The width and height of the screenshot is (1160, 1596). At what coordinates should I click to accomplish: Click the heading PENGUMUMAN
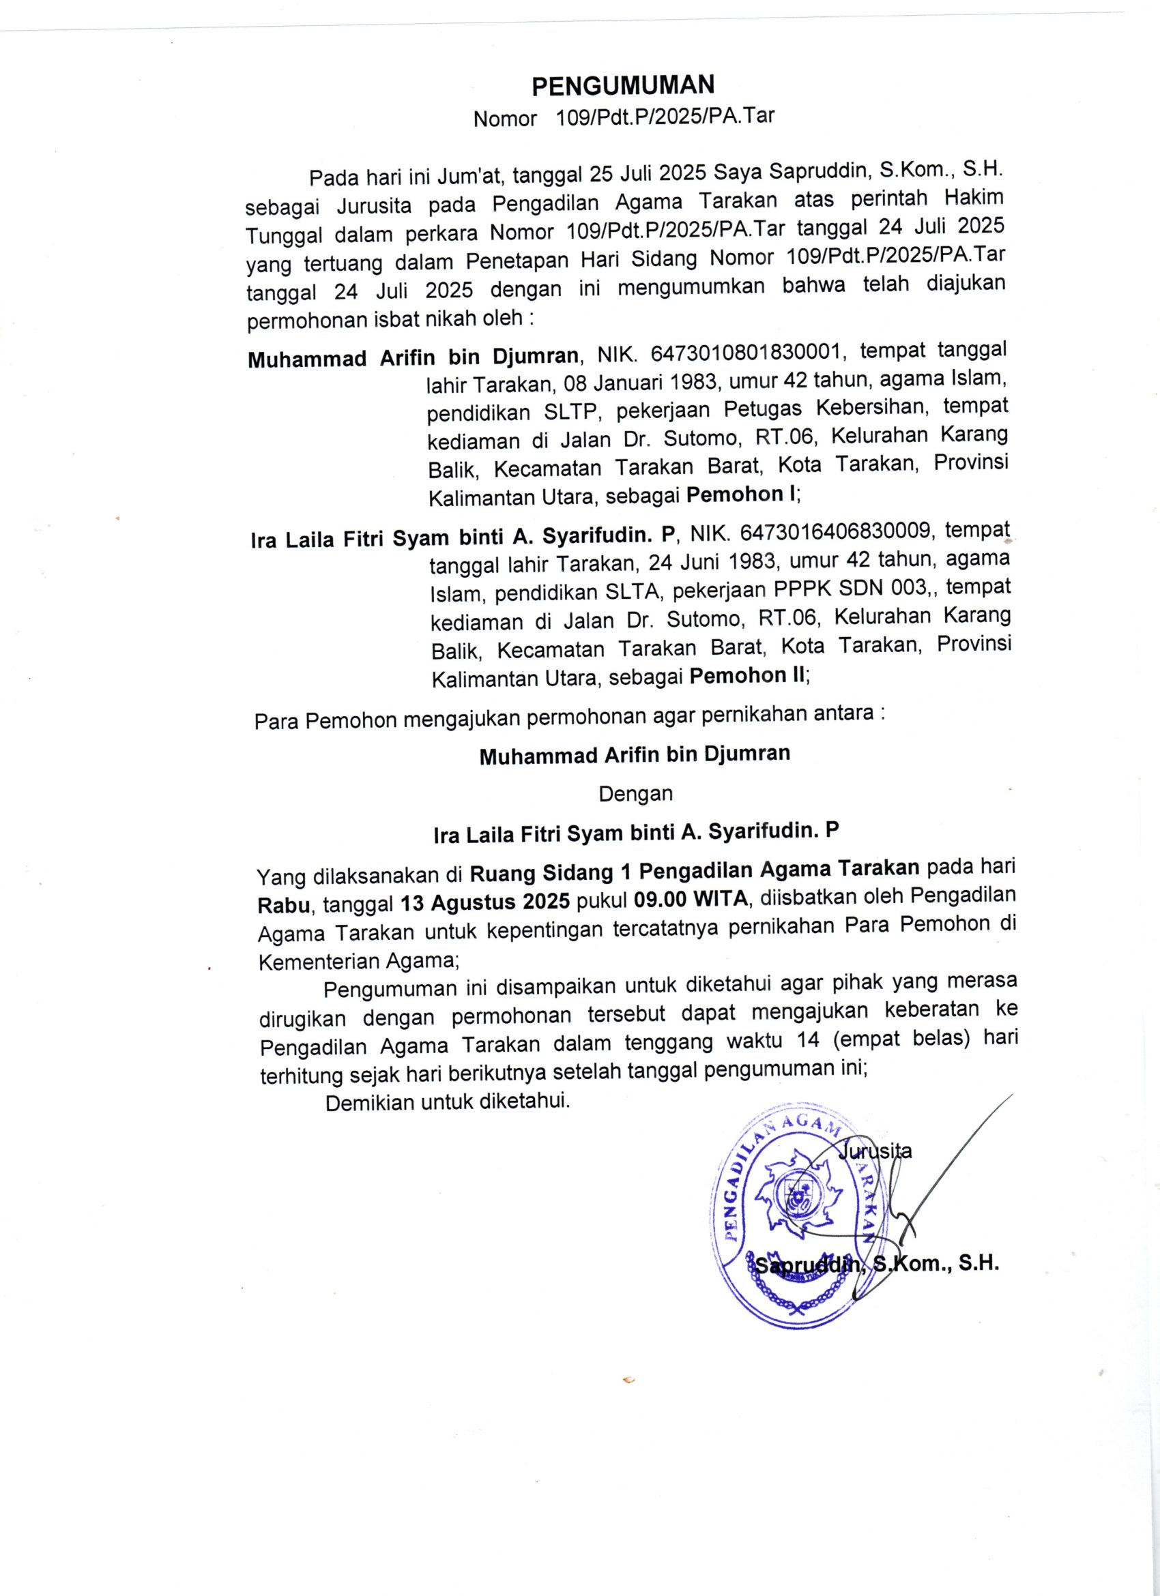(623, 86)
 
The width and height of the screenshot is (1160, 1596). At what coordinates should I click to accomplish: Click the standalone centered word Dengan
(635, 795)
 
